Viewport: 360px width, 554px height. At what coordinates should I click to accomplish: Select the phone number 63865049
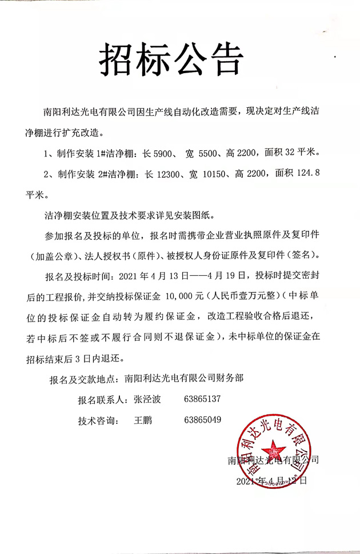tap(203, 420)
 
